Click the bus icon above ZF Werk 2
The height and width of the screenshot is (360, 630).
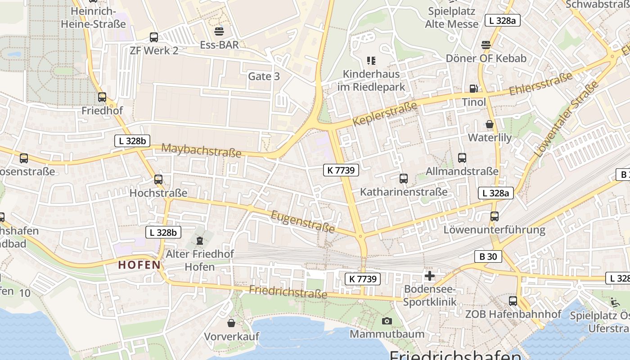[154, 37]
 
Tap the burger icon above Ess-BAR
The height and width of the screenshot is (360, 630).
[219, 31]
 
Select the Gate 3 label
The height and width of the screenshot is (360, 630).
[264, 76]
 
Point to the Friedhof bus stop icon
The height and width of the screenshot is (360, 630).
[102, 97]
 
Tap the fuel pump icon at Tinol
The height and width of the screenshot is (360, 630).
[473, 89]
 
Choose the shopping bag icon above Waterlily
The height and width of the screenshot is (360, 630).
[490, 124]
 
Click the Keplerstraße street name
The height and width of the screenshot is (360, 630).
[385, 114]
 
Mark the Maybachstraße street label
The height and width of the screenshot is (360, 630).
[201, 150]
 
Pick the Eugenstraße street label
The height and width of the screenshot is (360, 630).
[303, 222]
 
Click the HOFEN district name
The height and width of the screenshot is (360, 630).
[139, 265]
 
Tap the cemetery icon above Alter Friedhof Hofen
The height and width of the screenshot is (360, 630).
[200, 241]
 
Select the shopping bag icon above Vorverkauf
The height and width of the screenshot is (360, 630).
[231, 323]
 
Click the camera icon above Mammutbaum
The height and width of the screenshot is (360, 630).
[387, 321]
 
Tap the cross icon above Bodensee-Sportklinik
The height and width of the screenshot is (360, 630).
[430, 275]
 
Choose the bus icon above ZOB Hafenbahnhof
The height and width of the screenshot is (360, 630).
[513, 301]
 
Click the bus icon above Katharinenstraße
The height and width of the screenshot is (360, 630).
[404, 179]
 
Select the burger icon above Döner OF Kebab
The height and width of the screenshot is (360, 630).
[486, 45]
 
